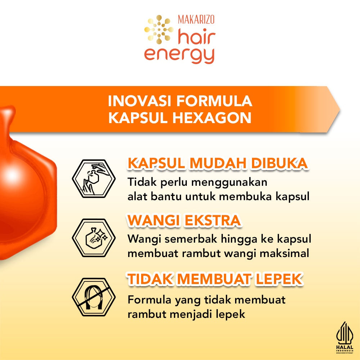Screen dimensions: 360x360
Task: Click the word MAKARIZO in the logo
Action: click(x=196, y=19)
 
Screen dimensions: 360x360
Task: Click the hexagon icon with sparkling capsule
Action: click(x=94, y=238)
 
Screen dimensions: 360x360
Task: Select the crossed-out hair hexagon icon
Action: click(x=94, y=297)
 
